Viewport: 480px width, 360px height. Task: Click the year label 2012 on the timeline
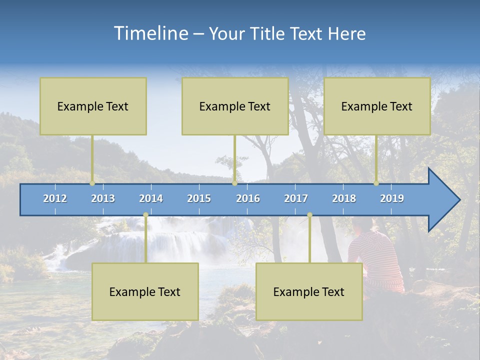pos(55,198)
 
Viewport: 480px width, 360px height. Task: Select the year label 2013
pos(103,198)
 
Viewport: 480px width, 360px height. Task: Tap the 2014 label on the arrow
pos(151,198)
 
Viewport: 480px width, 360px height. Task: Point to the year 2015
pos(199,198)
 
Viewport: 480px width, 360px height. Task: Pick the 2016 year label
pos(248,198)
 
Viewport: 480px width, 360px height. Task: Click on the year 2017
pos(296,198)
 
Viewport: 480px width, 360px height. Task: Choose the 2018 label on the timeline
pos(344,198)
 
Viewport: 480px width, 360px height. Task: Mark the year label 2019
pos(392,198)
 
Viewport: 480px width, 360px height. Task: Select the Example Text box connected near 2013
pos(93,106)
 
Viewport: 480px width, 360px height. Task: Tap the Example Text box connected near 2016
pos(235,106)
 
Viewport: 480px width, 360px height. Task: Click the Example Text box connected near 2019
pos(377,106)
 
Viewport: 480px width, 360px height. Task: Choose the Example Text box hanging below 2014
pos(145,292)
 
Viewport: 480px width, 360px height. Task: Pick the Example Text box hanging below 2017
pos(309,292)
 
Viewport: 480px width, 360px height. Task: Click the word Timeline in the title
pos(150,33)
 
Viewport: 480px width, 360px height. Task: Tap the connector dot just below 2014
pos(145,215)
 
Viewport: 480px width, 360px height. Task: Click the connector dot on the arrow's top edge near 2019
pos(376,183)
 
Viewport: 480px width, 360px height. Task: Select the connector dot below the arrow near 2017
pos(309,215)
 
